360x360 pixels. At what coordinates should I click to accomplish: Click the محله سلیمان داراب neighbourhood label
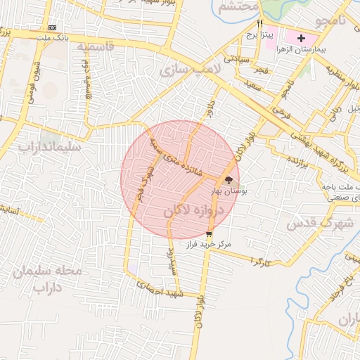click(x=49, y=278)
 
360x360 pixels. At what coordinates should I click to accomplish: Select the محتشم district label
click(x=234, y=8)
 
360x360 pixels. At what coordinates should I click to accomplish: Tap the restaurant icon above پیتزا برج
click(x=261, y=23)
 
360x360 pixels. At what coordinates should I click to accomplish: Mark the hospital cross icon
click(x=302, y=37)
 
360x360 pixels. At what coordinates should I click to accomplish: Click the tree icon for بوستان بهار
click(x=229, y=179)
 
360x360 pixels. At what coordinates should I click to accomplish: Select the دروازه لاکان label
click(x=193, y=211)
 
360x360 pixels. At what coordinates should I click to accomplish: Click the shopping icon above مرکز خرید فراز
click(x=209, y=235)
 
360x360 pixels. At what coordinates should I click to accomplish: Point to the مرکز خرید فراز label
click(x=209, y=245)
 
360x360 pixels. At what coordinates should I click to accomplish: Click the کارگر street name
click(x=259, y=260)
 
